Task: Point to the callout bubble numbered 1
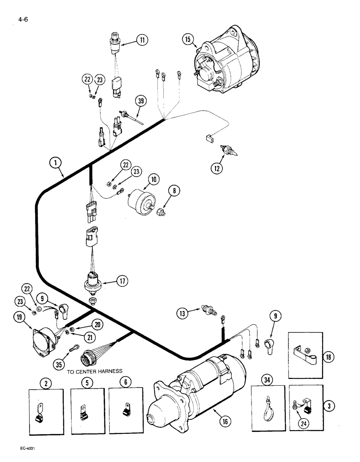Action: [55, 163]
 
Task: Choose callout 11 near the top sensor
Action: [142, 40]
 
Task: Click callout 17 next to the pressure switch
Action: [122, 280]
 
